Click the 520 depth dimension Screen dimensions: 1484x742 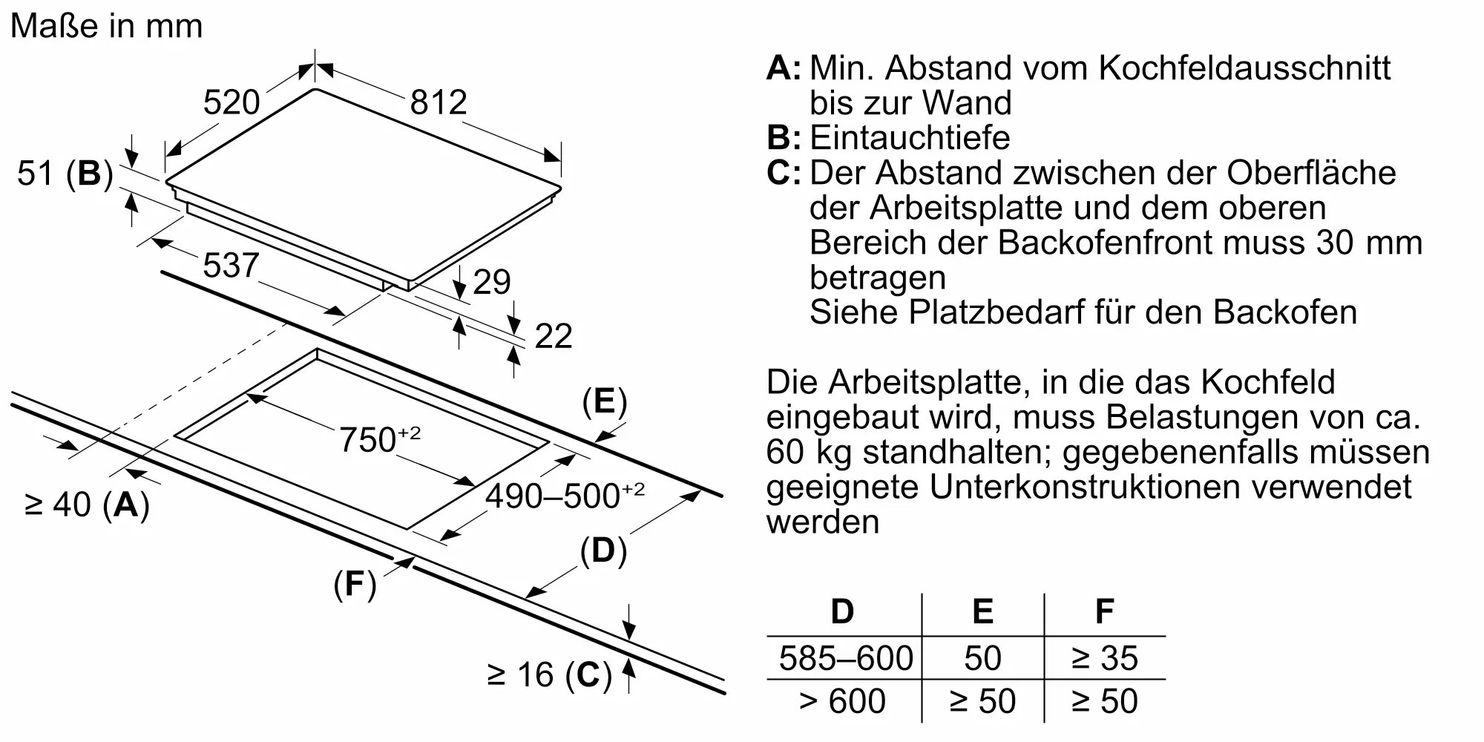pyautogui.click(x=232, y=102)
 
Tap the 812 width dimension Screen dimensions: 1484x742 pyautogui.click(x=439, y=102)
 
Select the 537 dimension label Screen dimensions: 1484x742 pyautogui.click(x=231, y=266)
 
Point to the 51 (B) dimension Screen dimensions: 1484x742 pyautogui.click(x=65, y=174)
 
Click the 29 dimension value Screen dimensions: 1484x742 pyautogui.click(x=492, y=282)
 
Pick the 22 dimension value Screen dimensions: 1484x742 pyautogui.click(x=554, y=336)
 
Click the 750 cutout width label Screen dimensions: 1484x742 pyautogui.click(x=379, y=439)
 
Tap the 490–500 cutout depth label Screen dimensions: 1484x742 pyautogui.click(x=564, y=495)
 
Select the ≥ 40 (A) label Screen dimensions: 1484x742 pyautogui.click(x=87, y=505)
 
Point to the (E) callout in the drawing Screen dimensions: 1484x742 pyautogui.click(x=604, y=401)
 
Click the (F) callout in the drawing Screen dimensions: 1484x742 pyautogui.click(x=355, y=585)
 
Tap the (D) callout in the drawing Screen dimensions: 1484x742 pyautogui.click(x=603, y=551)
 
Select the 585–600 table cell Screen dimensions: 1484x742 pyautogui.click(x=846, y=658)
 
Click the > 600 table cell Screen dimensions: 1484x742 pyautogui.click(x=842, y=701)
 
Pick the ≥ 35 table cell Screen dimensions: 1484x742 pyautogui.click(x=1104, y=658)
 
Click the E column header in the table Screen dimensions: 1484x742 pyautogui.click(x=982, y=611)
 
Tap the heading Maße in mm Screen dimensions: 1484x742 pyautogui.click(x=107, y=26)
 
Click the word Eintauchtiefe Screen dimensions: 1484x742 pyautogui.click(x=910, y=138)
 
